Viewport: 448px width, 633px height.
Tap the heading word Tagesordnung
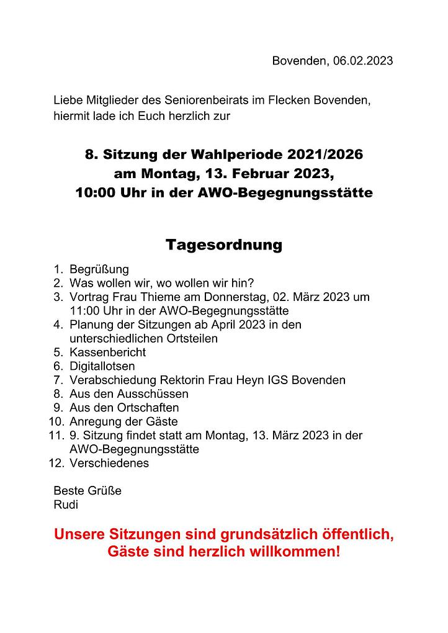223,245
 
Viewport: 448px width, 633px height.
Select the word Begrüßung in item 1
99,269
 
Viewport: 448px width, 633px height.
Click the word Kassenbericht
108,352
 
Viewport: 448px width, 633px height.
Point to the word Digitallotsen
102,366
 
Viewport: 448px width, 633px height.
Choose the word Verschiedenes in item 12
109,463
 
